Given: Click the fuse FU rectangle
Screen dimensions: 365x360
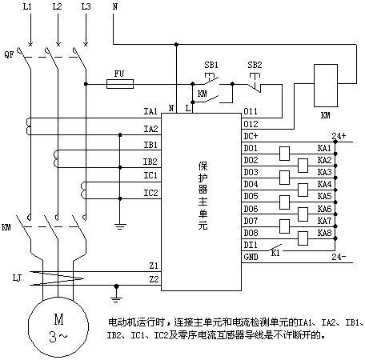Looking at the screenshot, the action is [x=120, y=84].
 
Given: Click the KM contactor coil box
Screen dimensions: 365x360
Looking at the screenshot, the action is [x=326, y=86].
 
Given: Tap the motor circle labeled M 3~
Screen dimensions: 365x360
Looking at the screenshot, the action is [x=58, y=327].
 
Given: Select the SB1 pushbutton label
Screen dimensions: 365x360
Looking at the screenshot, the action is [x=211, y=65].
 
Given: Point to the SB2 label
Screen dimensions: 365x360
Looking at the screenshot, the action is [x=255, y=65].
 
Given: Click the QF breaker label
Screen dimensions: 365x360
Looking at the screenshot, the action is [x=9, y=54].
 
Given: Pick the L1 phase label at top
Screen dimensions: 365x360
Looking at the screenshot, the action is [x=27, y=6].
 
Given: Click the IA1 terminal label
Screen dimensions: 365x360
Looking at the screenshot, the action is [x=150, y=111].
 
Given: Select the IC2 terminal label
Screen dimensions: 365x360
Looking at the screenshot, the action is [x=150, y=193].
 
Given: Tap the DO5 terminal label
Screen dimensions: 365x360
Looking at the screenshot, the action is [x=251, y=196].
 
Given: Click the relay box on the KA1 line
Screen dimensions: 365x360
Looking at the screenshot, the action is [x=284, y=154].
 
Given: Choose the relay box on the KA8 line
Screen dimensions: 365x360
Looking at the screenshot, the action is [x=303, y=238].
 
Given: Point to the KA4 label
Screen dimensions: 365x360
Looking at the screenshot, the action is [x=324, y=184].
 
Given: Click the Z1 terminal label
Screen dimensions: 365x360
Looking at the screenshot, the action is [x=154, y=266].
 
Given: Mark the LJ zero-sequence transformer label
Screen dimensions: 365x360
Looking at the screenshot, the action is [x=17, y=278].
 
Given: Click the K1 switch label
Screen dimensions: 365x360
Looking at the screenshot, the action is [x=275, y=253].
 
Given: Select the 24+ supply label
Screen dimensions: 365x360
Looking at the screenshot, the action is [x=339, y=136].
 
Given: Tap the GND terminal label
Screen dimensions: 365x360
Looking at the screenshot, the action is [x=251, y=257].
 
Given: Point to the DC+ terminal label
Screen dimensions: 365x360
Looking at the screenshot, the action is [x=251, y=136].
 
